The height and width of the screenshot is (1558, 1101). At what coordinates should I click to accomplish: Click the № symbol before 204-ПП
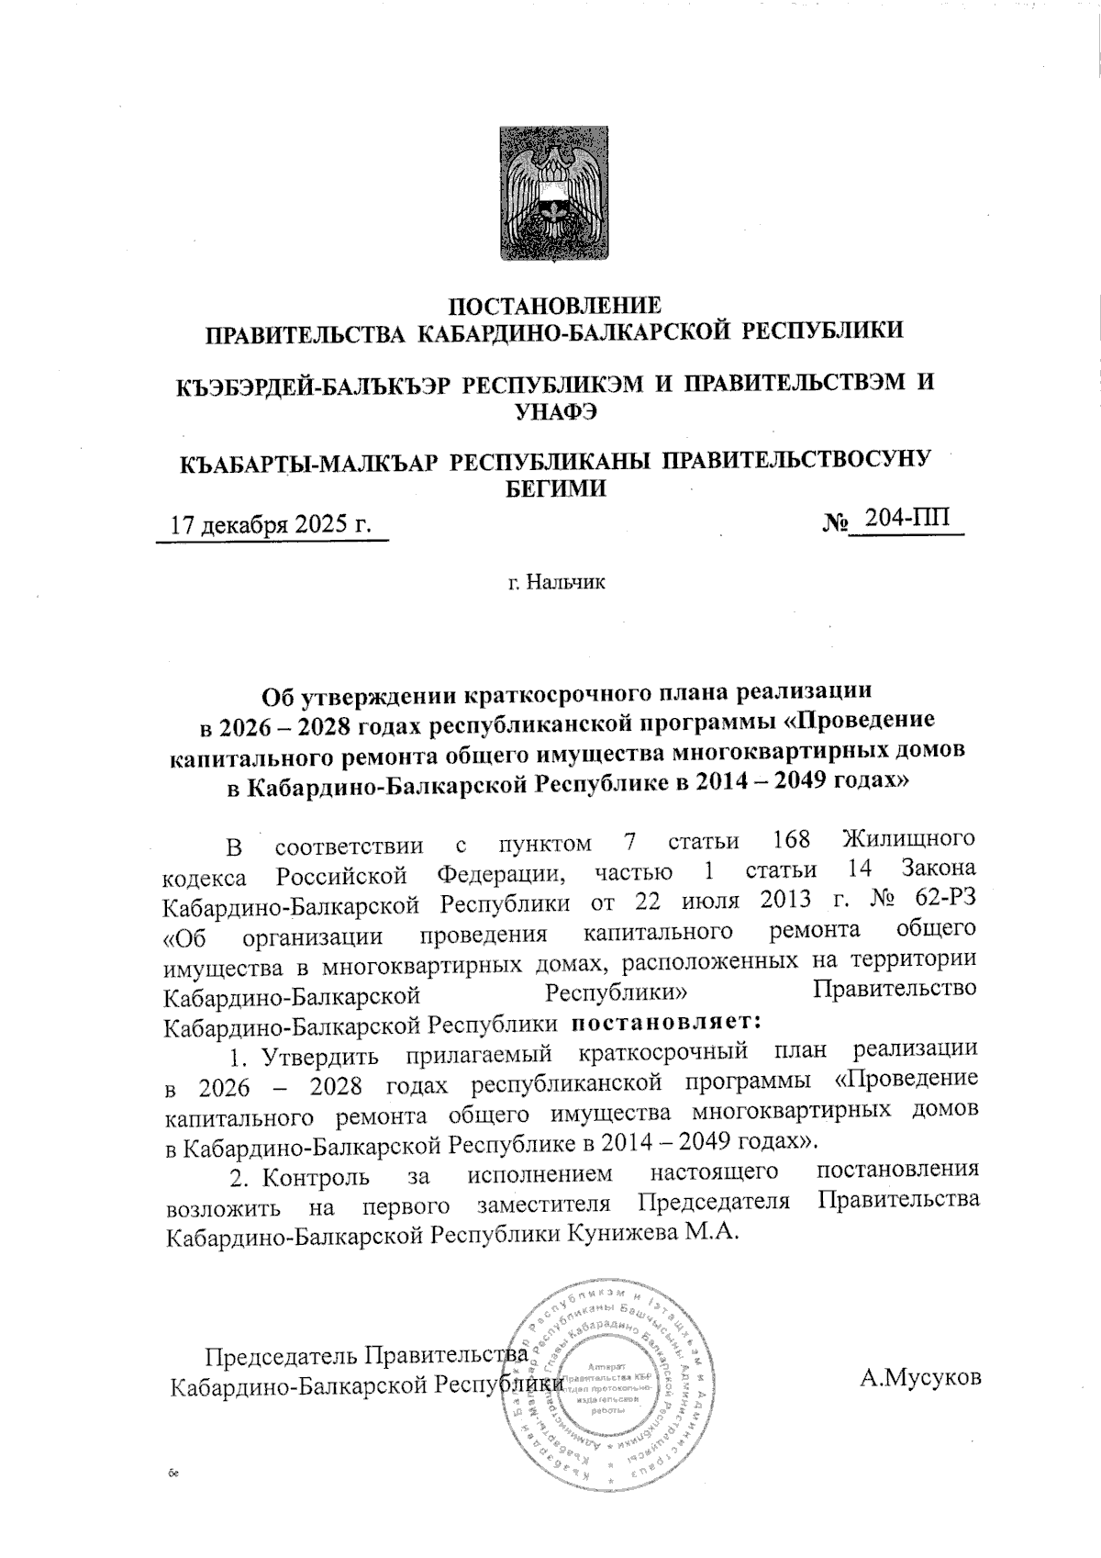click(x=833, y=523)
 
